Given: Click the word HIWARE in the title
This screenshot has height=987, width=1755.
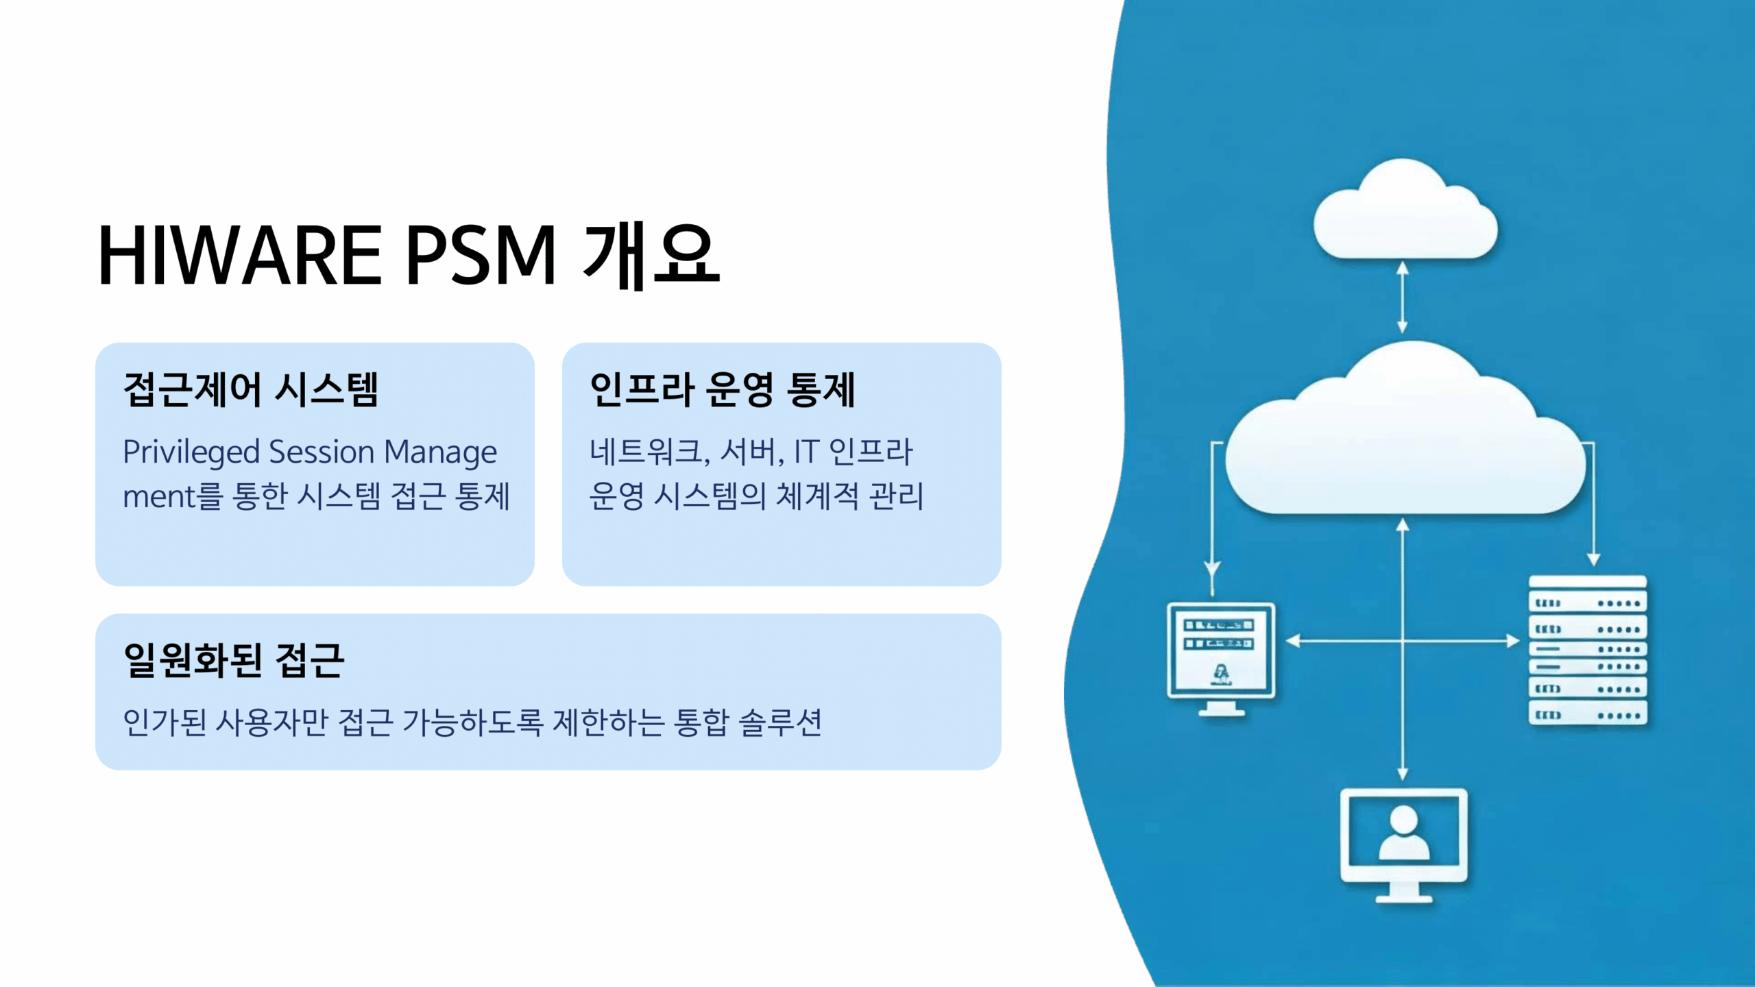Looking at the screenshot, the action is pos(240,255).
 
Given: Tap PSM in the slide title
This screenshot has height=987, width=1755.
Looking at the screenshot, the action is pos(481,255).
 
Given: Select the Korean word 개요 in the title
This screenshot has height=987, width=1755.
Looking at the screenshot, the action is pos(652,255).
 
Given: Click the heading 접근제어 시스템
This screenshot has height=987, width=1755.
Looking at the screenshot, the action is pos(251,389).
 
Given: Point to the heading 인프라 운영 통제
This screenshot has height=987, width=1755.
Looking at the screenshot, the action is pos(723,389).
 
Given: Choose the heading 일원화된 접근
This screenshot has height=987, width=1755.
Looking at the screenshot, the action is pos(234,660).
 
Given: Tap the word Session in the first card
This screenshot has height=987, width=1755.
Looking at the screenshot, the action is pos(322,452).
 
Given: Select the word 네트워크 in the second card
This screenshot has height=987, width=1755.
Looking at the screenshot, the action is pos(646,452).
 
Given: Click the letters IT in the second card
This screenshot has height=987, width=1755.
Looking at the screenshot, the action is pos(806,452).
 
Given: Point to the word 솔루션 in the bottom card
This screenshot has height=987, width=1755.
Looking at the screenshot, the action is pos(781,722).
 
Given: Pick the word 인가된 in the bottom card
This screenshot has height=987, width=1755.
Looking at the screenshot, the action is pos(165,722).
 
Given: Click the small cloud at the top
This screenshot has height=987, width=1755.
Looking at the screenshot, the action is pos(1405,209).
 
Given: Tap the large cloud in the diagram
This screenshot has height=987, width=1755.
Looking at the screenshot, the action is pos(1405,428).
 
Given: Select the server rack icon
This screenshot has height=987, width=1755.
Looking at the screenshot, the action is pos(1588,650).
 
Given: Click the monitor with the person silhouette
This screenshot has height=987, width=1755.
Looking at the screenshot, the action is pos(1404,845).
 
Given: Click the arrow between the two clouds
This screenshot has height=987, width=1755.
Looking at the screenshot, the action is pos(1403,297).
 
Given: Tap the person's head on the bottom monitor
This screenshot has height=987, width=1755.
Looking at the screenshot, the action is pos(1404,819).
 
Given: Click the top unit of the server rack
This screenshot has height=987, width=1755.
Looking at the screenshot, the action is pos(1588,582).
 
